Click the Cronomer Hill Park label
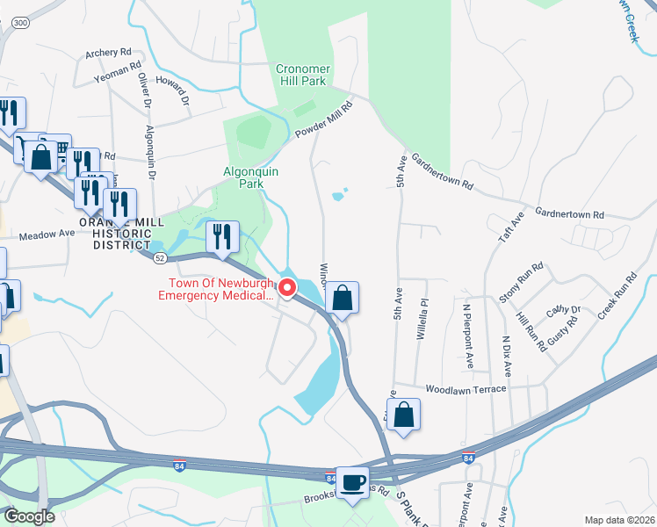pos(301,75)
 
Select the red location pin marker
pos(287,287)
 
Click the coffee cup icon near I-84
pos(353,482)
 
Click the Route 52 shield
pos(160,258)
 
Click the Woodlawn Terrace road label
pos(466,388)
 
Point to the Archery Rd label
pos(108,53)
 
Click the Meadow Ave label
pos(47,235)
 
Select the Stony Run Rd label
pos(522,283)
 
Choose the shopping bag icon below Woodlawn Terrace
pos(403,415)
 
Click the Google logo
pos(29,516)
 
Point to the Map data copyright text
pos(618,520)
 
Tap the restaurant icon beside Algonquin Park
pos(223,236)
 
